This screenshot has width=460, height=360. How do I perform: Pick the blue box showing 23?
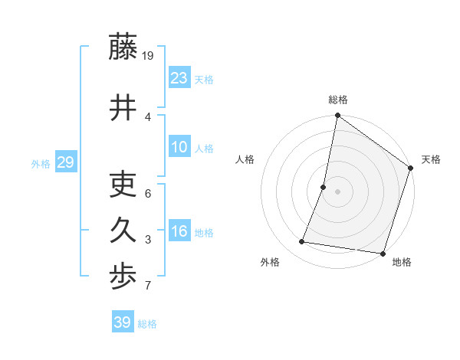[x=179, y=78]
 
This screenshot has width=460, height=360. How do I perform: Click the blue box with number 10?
[x=179, y=147]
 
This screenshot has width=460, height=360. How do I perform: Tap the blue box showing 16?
[x=179, y=231]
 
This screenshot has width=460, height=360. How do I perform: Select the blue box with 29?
[x=65, y=162]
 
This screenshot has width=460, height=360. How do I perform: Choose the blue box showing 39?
[x=123, y=322]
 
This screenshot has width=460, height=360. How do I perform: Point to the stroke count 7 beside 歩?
[x=149, y=286]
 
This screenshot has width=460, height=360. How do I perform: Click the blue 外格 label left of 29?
[x=41, y=163]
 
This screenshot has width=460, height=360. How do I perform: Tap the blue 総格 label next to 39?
[x=147, y=324]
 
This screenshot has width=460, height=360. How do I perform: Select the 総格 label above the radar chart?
[x=337, y=100]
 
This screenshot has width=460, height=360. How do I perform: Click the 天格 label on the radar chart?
[x=431, y=159]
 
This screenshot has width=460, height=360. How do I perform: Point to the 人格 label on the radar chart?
[x=245, y=159]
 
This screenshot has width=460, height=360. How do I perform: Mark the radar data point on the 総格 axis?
[x=337, y=116]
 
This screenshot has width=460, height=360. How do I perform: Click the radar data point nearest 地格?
[x=383, y=253]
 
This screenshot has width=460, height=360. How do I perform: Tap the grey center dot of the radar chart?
[x=337, y=191]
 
